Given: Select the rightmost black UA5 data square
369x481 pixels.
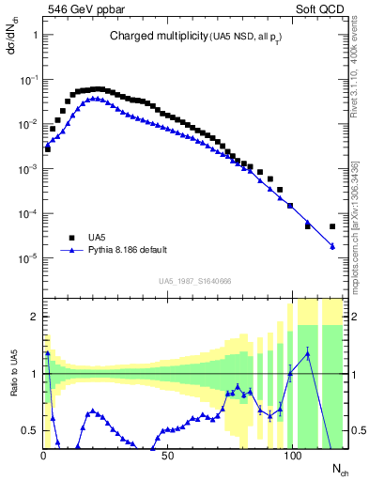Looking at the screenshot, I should pos(332,226).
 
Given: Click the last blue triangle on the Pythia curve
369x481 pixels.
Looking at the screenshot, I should pos(332,246).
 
